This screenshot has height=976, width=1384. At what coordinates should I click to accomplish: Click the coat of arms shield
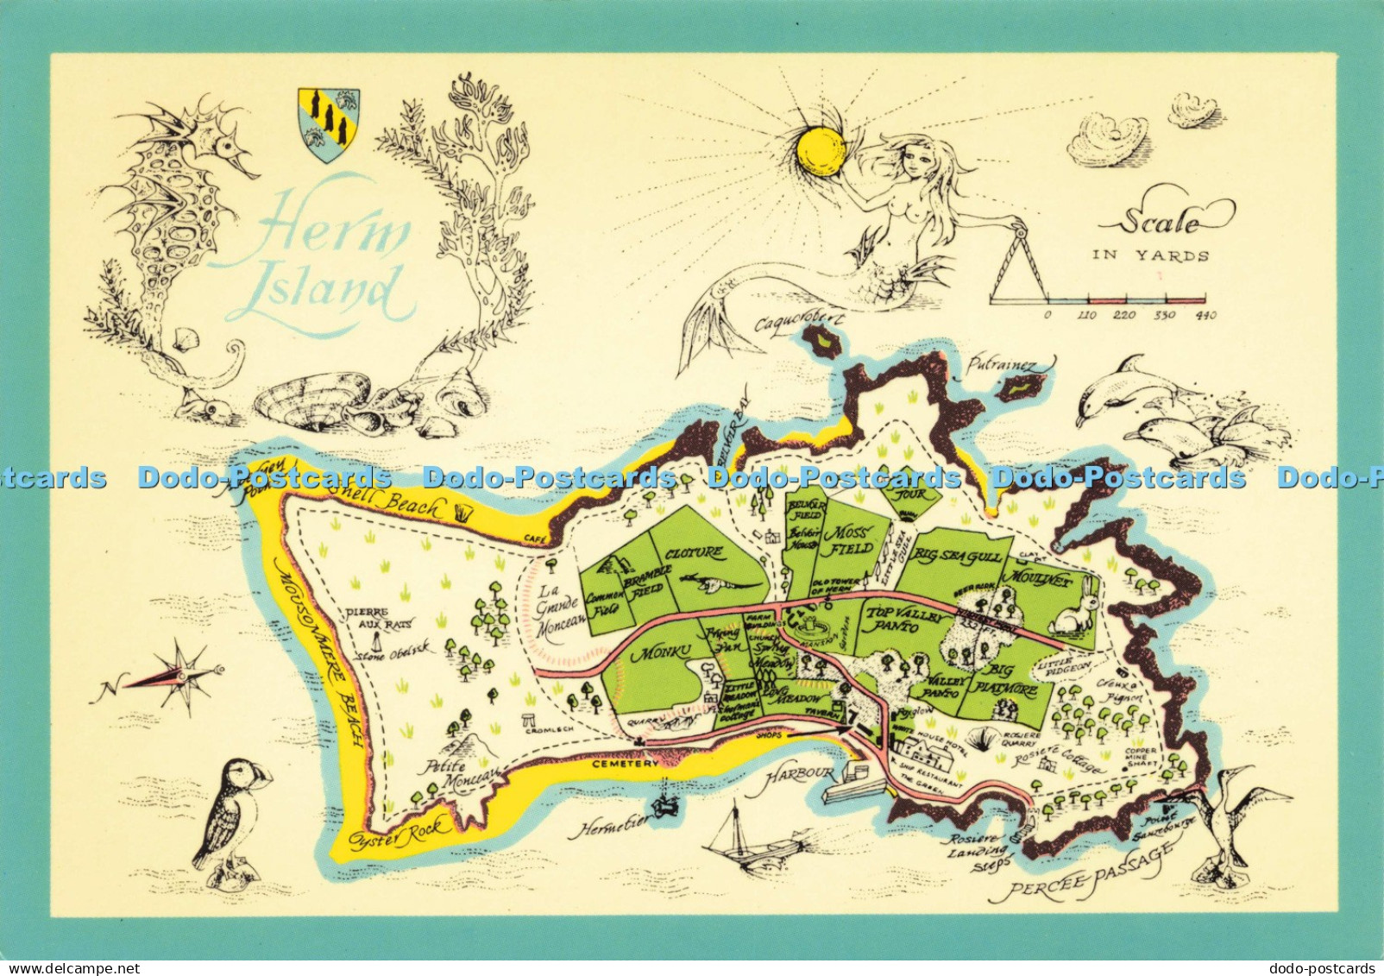pyautogui.click(x=328, y=123)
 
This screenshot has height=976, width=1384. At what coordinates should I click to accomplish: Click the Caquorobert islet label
pyautogui.click(x=798, y=324)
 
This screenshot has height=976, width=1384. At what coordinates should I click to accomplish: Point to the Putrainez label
pyautogui.click(x=1001, y=366)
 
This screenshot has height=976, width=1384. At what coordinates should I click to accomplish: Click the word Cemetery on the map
pyautogui.click(x=625, y=765)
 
